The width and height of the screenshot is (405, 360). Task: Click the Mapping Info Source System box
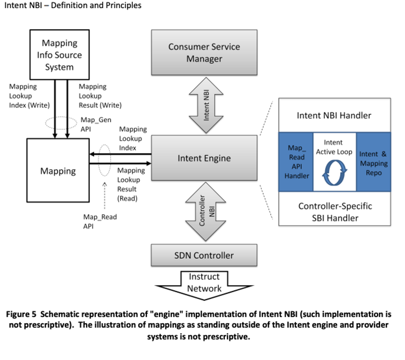tap(59, 55)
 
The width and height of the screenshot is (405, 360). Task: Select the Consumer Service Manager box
tap(204, 52)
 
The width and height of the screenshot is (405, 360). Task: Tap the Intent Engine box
tap(204, 158)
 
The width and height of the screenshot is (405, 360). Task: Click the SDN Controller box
tap(204, 255)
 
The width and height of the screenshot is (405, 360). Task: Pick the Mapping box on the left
tap(58, 171)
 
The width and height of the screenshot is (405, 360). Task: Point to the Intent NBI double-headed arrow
tap(206, 105)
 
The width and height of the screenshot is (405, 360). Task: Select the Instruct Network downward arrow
tap(204, 284)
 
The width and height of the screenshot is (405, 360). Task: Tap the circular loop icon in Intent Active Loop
tap(334, 171)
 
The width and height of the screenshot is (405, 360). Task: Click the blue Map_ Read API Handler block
tap(296, 162)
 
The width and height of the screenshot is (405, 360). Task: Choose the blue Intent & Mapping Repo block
tap(373, 163)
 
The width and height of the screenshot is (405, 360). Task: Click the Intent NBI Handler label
tap(334, 116)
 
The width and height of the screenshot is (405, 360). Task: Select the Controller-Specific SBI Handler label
tap(334, 212)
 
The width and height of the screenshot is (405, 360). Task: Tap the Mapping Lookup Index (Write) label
tap(29, 96)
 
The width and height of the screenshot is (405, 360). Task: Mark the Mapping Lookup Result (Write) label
tap(100, 96)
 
